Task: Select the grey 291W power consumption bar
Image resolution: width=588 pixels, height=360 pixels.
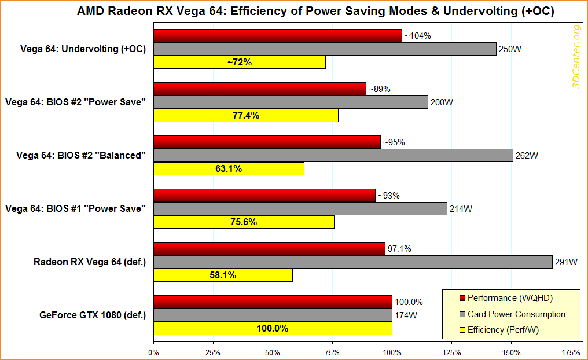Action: point(353,262)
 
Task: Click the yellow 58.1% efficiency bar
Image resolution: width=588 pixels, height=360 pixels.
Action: point(223,275)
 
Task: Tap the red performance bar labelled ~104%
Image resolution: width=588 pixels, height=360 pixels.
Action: point(278,36)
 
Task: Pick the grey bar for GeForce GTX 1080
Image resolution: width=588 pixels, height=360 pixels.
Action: point(273,315)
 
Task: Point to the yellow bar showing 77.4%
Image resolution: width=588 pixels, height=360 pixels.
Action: point(246,115)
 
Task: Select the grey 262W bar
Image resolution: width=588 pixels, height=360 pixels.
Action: point(333,155)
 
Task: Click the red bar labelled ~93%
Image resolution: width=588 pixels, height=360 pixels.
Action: point(264,196)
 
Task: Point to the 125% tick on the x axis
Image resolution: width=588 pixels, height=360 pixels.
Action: point(451,351)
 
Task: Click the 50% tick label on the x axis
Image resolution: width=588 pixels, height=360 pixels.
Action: point(273,351)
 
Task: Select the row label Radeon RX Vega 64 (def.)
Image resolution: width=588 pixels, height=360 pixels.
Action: point(90,262)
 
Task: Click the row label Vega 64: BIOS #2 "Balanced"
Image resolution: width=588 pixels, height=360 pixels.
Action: point(75,155)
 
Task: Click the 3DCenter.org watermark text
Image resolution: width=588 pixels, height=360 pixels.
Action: point(576,56)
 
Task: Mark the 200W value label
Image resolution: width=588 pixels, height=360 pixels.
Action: point(442,102)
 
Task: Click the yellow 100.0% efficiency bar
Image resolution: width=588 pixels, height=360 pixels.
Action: point(273,328)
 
